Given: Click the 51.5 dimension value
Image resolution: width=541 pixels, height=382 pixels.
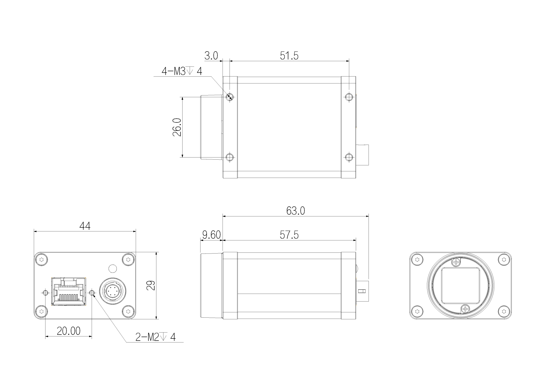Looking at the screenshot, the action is pyautogui.click(x=289, y=56).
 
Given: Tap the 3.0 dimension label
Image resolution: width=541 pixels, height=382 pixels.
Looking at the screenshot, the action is pyautogui.click(x=211, y=56).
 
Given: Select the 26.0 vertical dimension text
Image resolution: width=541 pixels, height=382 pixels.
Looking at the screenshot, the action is pyautogui.click(x=177, y=127).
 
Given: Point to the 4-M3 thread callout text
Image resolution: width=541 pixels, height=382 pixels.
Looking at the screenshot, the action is pyautogui.click(x=182, y=71).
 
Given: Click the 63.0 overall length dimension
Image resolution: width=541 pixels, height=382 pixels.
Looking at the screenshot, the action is pyautogui.click(x=296, y=211).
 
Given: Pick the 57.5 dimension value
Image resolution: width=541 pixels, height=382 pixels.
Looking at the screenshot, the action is pyautogui.click(x=289, y=235).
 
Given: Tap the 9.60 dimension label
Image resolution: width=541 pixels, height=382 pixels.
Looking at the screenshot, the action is pyautogui.click(x=211, y=235).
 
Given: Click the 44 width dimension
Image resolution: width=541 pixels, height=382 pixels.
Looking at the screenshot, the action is pyautogui.click(x=85, y=226).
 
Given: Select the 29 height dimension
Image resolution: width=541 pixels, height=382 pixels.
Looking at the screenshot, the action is pyautogui.click(x=151, y=285).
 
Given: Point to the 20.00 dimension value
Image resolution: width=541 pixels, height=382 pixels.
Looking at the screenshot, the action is pyautogui.click(x=69, y=331).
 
